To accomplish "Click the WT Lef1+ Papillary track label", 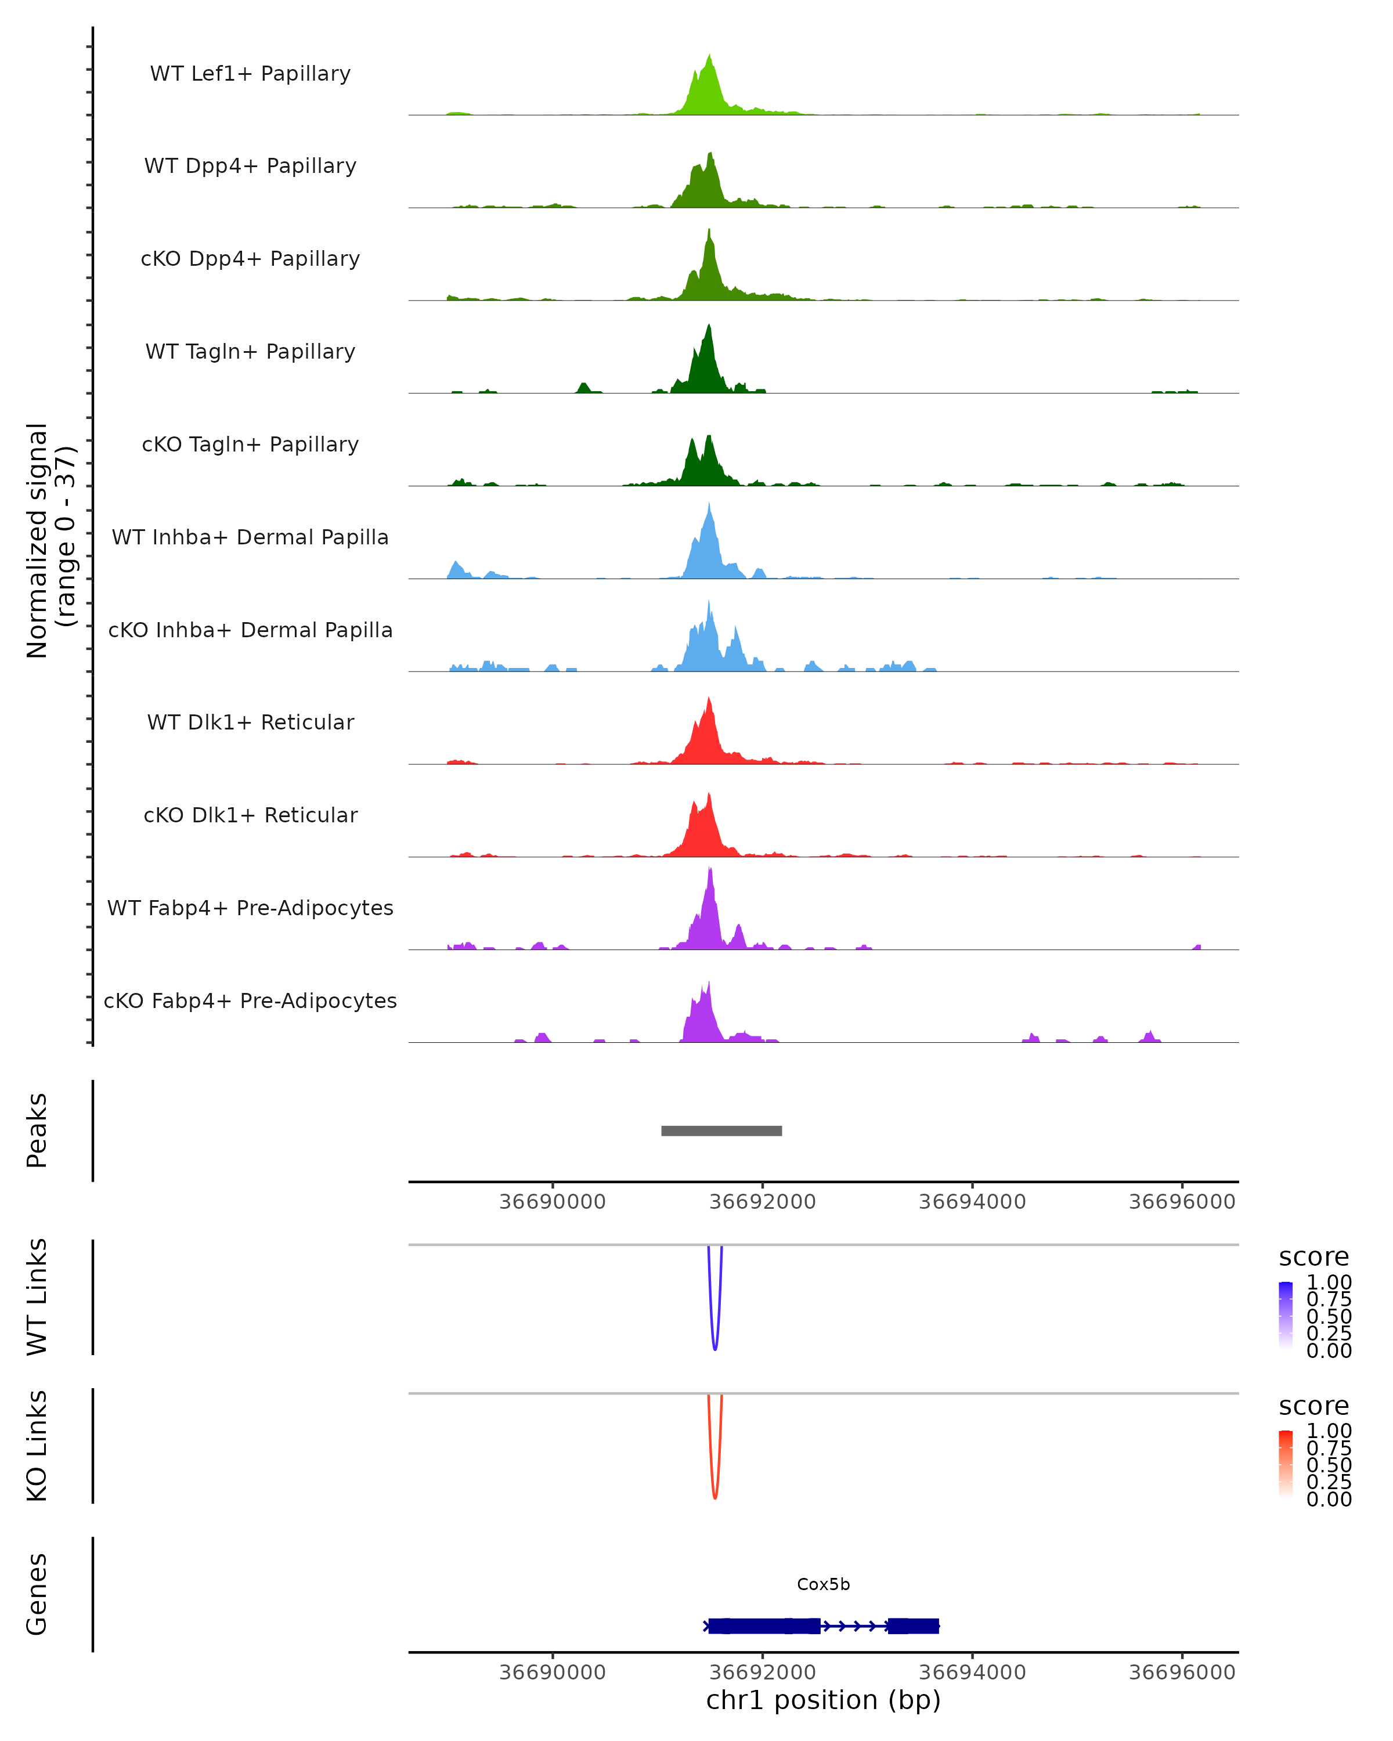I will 250,74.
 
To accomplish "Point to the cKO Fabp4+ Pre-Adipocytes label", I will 250,1000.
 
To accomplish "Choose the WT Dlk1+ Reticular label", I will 250,722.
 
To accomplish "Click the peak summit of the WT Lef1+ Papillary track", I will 710,56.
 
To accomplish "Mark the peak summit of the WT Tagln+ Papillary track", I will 709,326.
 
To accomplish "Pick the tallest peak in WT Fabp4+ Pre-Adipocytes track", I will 710,869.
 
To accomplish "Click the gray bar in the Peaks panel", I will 721,1130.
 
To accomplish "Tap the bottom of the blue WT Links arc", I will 714,1349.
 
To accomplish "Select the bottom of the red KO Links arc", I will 714,1498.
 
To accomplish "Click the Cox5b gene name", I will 823,1584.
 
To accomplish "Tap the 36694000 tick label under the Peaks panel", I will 972,1202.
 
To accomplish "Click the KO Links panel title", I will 37,1446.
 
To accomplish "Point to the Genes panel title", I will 37,1594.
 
